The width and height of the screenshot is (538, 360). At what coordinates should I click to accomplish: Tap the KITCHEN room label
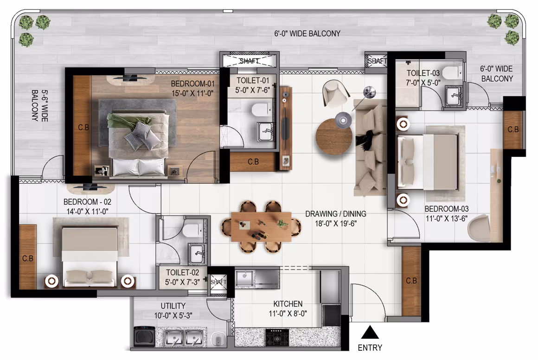coord(288,304)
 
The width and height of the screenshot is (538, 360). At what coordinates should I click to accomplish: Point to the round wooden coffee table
coord(334,137)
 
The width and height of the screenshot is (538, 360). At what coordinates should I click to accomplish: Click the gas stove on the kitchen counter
coord(277,337)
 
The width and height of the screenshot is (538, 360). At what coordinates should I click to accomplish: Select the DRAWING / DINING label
coord(336,214)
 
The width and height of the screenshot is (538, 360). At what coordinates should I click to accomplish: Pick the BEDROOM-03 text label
coord(446,209)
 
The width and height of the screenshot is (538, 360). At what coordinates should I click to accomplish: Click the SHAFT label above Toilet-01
coord(250,61)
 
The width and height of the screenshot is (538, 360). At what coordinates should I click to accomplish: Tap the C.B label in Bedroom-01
coord(83,128)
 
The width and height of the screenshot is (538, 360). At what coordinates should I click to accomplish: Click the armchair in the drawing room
coord(336,93)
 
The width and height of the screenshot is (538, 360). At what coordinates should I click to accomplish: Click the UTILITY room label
coord(173,306)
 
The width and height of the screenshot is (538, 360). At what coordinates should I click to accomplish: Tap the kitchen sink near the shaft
coord(244,277)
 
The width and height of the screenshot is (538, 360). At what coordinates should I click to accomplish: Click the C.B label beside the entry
coord(411,281)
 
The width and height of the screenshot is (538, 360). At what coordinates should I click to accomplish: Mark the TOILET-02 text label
coord(183,272)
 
